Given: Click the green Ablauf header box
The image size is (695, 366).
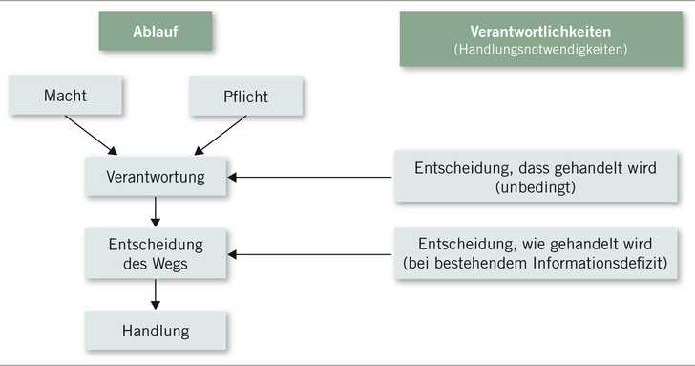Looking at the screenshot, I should [x=156, y=32].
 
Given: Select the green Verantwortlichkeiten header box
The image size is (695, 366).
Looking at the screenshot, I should [x=540, y=39].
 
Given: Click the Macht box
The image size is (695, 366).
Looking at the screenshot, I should [x=65, y=97].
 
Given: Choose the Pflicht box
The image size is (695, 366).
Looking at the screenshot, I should [x=245, y=97].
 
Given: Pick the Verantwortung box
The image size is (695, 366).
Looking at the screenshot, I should [x=156, y=177].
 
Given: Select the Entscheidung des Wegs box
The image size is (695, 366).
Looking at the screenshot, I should [x=156, y=250].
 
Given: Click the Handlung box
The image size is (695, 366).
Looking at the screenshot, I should [x=156, y=332].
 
